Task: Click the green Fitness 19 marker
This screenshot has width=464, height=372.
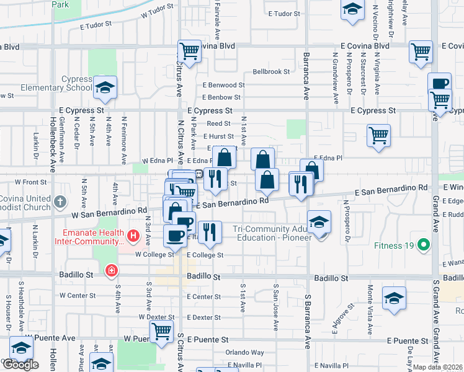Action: tap(424, 245)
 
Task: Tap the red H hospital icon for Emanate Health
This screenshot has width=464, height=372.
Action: tap(132, 236)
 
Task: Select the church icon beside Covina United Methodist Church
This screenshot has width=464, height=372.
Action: tap(60, 201)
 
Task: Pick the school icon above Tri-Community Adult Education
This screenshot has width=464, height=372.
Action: tap(319, 223)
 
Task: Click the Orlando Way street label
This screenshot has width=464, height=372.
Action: tap(244, 352)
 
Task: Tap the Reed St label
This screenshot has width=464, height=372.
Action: tap(218, 124)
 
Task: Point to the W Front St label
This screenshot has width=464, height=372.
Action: tap(30, 182)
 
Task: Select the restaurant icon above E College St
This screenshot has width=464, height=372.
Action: tap(210, 232)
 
